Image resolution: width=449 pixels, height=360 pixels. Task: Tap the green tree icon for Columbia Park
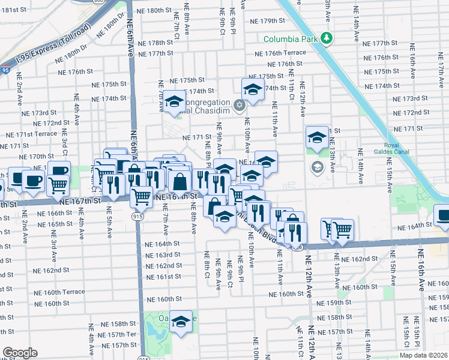326,39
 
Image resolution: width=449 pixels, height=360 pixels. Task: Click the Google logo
20,352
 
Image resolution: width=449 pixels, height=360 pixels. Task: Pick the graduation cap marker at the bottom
180,322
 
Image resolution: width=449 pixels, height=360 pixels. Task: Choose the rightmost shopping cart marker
342,229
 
